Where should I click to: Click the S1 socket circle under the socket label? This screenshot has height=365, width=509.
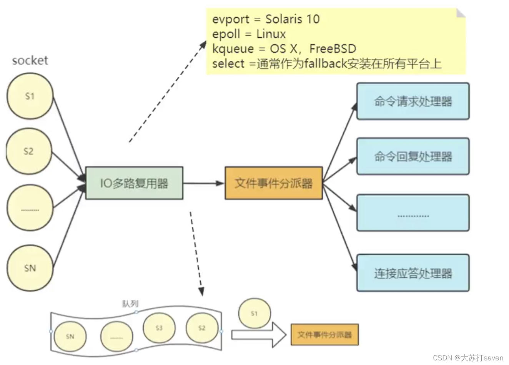pos(30,96)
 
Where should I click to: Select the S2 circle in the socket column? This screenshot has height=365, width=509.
pos(29,151)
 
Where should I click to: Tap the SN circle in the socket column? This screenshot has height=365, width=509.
pos(30,268)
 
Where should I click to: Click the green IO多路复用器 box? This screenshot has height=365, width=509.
pos(134,183)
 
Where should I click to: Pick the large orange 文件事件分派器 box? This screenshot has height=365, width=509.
pos(273,183)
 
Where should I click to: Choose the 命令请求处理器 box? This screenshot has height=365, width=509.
pos(413,101)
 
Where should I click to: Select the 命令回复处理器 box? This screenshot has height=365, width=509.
pos(413,156)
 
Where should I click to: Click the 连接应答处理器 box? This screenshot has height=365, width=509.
pos(413,273)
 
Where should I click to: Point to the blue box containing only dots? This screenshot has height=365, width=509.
pos(413,213)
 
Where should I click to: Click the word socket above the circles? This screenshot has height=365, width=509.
pos(30,60)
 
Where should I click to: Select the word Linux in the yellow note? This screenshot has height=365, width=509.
pos(271,34)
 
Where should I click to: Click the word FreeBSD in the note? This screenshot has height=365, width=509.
pos(333,49)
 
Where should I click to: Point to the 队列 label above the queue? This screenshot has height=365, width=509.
pos(130,304)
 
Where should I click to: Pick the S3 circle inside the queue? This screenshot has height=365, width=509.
pos(159,328)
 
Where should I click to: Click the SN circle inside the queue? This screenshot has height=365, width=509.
pos(70,337)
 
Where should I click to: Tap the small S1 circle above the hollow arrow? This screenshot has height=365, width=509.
pos(254,314)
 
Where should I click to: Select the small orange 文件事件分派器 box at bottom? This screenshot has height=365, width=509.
pos(324,335)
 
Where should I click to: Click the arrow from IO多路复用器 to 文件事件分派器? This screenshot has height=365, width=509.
pos(203,183)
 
